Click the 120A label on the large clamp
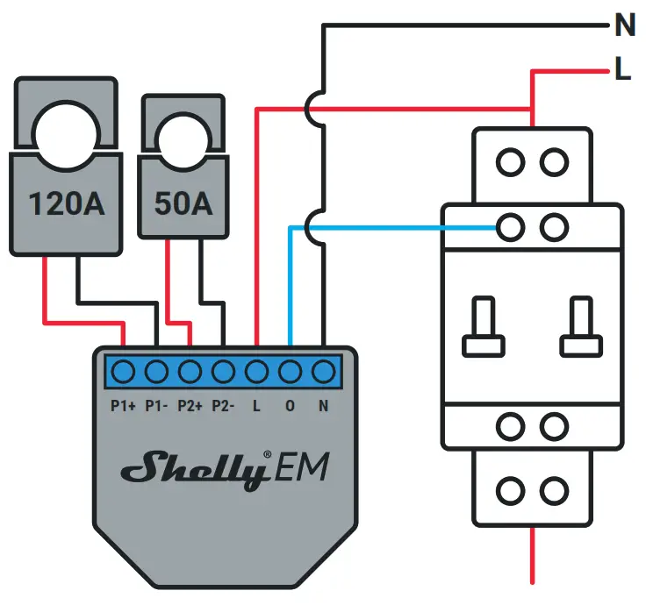(67, 203)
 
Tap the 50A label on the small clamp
(183, 203)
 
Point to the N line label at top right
(624, 27)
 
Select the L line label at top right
(622, 71)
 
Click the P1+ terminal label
(122, 406)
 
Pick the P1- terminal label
(156, 406)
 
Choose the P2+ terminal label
(190, 406)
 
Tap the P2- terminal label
(224, 406)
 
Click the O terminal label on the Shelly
(291, 406)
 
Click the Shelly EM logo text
(225, 470)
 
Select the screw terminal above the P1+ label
(123, 372)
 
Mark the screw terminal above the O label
(290, 372)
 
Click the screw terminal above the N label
(324, 372)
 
